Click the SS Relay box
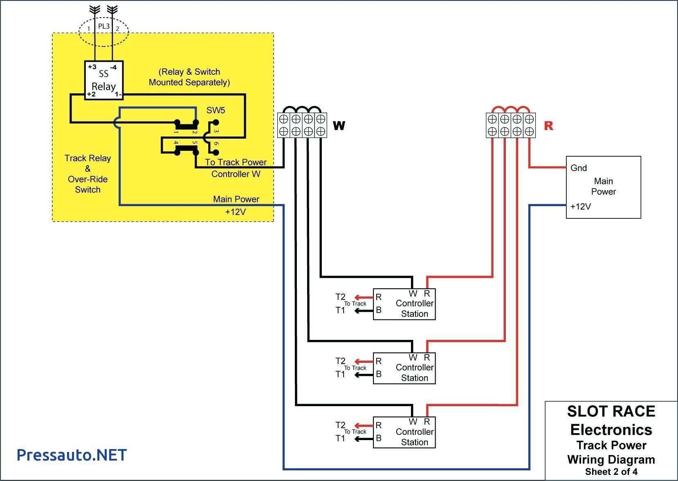(103, 80)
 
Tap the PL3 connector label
(104, 26)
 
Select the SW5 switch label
(216, 110)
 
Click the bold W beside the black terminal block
(339, 126)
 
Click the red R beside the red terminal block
(548, 126)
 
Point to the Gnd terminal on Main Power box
(578, 168)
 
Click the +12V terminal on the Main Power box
(580, 207)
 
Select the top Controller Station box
(404, 304)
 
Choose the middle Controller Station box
(404, 368)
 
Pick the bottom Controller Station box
(404, 432)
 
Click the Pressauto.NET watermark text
(72, 455)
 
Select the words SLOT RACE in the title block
(611, 411)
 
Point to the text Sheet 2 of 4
(611, 472)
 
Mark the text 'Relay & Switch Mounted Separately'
(189, 77)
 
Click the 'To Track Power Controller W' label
(236, 168)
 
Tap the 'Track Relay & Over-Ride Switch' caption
(88, 174)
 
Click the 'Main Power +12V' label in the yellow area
(236, 205)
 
